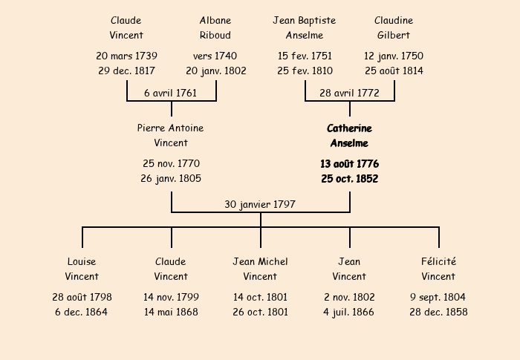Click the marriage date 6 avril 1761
click(x=170, y=93)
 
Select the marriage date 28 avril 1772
click(x=349, y=93)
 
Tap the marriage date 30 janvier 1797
click(x=260, y=204)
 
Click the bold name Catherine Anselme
click(x=349, y=136)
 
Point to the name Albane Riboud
click(x=215, y=28)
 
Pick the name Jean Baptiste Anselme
click(x=305, y=28)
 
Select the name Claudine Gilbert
click(x=394, y=28)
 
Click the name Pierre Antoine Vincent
click(x=170, y=135)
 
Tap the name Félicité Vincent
click(x=438, y=269)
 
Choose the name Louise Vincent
click(x=82, y=269)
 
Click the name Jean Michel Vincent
click(x=260, y=269)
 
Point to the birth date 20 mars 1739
click(x=127, y=56)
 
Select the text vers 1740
click(x=215, y=56)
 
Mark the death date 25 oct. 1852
click(x=350, y=179)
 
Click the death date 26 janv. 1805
click(x=171, y=178)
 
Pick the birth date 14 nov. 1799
click(x=171, y=297)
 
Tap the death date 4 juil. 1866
click(x=348, y=312)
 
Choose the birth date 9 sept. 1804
click(x=438, y=297)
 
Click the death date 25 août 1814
click(x=394, y=71)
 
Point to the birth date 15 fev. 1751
click(x=305, y=56)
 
